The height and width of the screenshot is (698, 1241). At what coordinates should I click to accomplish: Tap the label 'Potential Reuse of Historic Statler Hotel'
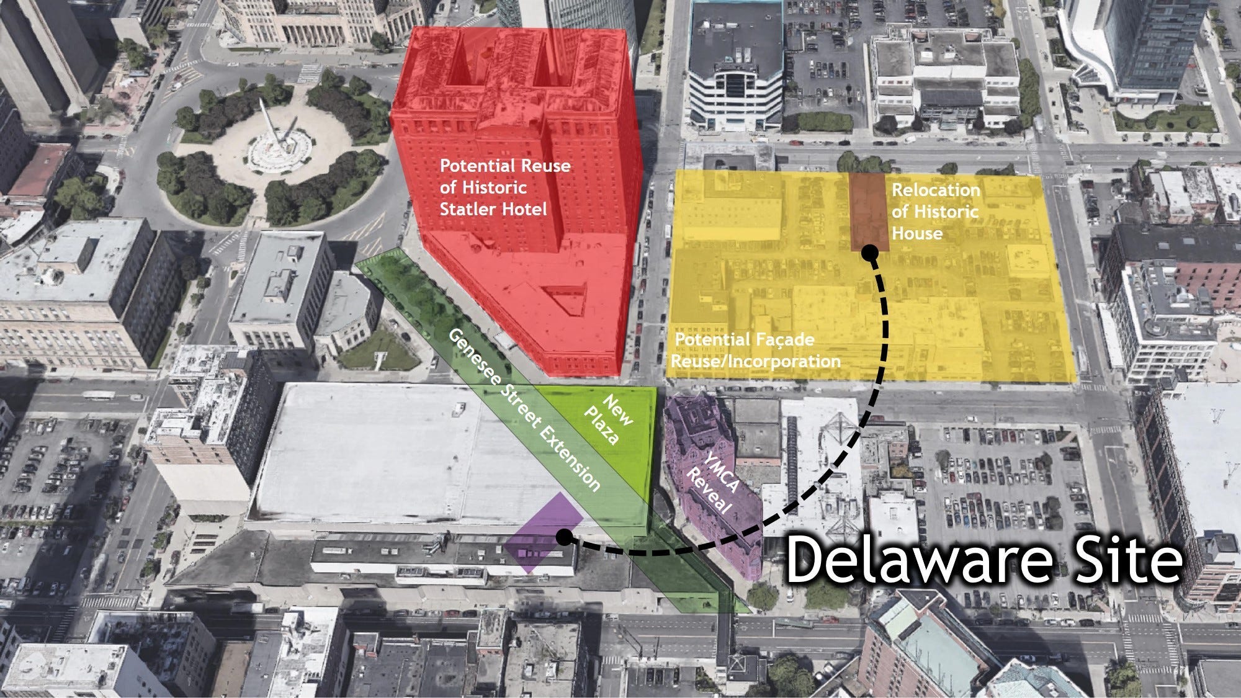[x=504, y=187]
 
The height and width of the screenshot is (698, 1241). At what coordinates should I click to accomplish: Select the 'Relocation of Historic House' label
[x=935, y=212]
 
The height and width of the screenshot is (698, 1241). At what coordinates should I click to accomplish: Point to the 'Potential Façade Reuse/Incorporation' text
[x=757, y=350]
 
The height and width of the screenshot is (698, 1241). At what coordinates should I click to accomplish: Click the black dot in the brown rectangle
[x=869, y=253]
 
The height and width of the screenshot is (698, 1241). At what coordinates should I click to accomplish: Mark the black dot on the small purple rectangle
[x=564, y=537]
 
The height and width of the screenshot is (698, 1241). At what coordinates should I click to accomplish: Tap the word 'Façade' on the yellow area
[x=784, y=341]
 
